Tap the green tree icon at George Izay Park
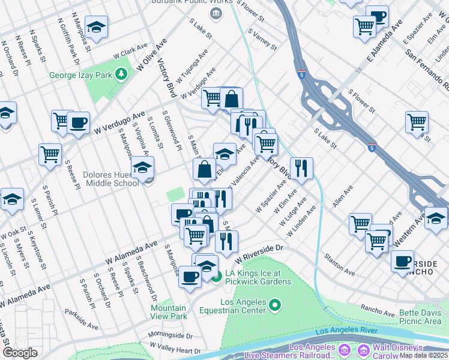(122, 74)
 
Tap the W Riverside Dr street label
(259, 253)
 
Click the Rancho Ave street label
(378, 310)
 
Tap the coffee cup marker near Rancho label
(402, 261)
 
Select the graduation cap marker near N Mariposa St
(95, 28)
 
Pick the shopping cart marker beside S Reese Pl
(50, 154)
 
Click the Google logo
(20, 352)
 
